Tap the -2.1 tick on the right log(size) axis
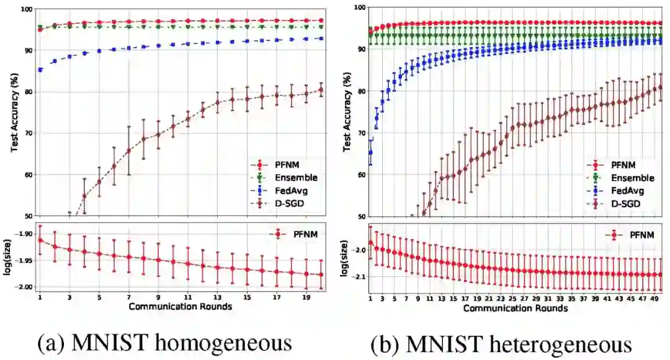click(359, 276)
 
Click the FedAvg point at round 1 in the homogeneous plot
click(40, 70)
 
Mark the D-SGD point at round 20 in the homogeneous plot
click(321, 90)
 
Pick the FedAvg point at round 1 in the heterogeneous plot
click(371, 152)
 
